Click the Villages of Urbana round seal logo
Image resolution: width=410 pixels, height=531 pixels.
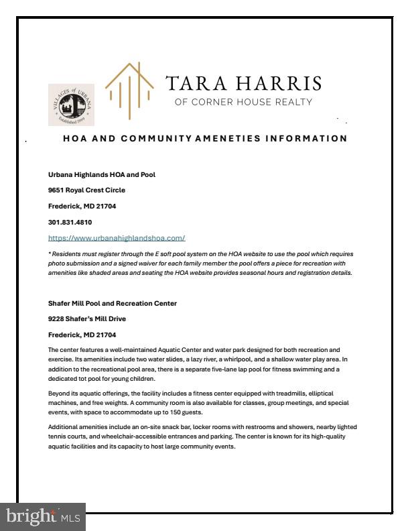click(x=71, y=105)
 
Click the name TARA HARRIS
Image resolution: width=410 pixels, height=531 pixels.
click(x=243, y=83)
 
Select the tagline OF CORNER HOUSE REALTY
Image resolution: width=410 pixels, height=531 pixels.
click(x=243, y=103)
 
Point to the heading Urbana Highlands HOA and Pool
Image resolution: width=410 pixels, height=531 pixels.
click(x=102, y=174)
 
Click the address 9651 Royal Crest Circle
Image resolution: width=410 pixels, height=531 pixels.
click(x=86, y=190)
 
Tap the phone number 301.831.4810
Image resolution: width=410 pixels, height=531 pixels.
click(x=70, y=222)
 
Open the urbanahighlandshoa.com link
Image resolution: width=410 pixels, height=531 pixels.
click(x=117, y=238)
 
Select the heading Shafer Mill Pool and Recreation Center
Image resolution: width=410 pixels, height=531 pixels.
click(x=113, y=303)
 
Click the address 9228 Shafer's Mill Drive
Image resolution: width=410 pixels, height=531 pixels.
click(x=87, y=318)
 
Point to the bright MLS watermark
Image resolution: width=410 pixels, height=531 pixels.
click(x=43, y=517)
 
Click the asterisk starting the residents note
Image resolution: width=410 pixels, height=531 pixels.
click(x=50, y=255)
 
